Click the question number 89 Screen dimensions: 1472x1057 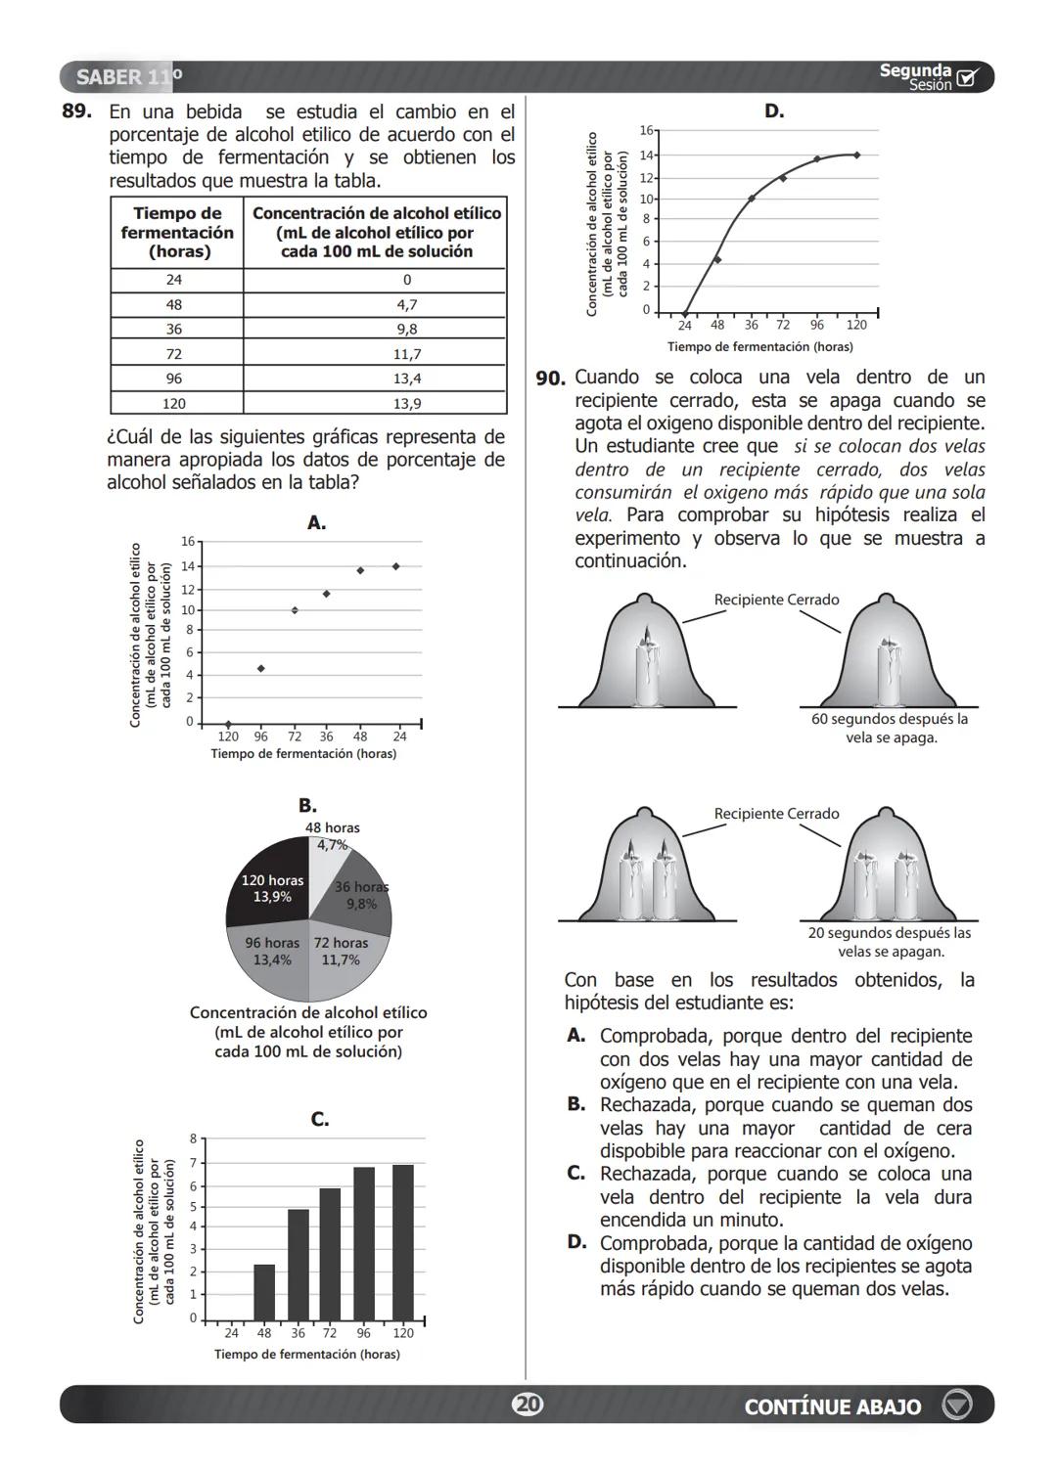[76, 112]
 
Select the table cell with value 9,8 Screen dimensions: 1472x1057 [406, 330]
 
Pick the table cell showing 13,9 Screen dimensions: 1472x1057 [406, 404]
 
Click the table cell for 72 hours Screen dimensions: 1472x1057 [174, 354]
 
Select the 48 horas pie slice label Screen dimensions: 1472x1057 [332, 835]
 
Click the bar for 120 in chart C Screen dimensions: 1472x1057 [402, 1242]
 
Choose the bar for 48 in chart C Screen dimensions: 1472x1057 [264, 1292]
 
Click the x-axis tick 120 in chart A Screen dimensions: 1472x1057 [227, 736]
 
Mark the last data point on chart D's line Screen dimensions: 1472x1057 [856, 155]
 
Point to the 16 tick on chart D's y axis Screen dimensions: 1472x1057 [646, 130]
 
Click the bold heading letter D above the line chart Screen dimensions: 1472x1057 [773, 112]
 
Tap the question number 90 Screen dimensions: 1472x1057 [550, 379]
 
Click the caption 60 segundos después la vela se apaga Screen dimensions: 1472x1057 [889, 728]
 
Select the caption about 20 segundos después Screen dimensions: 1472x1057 [889, 942]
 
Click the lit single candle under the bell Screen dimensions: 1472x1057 [646, 670]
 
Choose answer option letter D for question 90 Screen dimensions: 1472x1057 [576, 1242]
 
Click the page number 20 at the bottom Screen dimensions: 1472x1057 [528, 1405]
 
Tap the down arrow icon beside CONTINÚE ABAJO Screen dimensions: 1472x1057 [956, 1405]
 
